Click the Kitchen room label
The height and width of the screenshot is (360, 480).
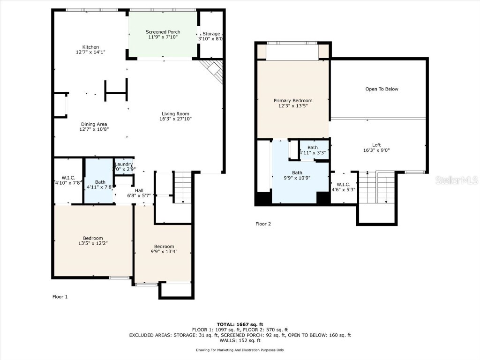(90, 47)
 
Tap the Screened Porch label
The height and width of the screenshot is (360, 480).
(164, 32)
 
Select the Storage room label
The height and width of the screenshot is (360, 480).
(211, 34)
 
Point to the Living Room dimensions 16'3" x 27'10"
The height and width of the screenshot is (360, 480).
(175, 119)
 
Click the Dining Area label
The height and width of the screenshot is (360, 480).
(94, 124)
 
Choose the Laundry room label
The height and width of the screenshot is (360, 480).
(124, 164)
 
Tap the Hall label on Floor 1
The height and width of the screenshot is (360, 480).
(139, 190)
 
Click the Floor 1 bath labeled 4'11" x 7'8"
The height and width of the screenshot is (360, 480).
(100, 184)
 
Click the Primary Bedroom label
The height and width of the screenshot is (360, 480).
(292, 101)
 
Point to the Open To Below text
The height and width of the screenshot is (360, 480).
(382, 89)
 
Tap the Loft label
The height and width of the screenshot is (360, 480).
(376, 145)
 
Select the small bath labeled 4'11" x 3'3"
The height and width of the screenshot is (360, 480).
(313, 150)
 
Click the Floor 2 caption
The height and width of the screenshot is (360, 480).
(263, 224)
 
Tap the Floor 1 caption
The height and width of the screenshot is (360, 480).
(60, 297)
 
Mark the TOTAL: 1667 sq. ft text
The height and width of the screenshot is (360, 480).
(240, 324)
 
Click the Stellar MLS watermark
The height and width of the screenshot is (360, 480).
(456, 180)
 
